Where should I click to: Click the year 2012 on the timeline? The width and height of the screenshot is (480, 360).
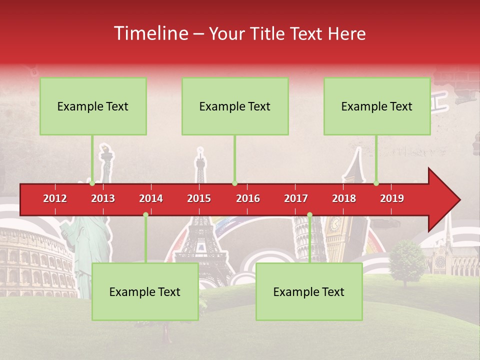(55, 198)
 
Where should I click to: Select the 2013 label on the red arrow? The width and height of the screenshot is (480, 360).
(103, 198)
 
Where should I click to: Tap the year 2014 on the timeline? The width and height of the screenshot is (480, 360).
(151, 198)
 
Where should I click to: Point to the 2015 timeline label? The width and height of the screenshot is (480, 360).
(199, 198)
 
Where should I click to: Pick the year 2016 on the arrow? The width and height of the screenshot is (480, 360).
(248, 198)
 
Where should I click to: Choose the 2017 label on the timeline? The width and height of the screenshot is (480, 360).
(296, 198)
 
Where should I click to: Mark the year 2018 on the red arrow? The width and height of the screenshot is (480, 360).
(344, 198)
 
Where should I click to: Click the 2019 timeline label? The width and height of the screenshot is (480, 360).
(392, 198)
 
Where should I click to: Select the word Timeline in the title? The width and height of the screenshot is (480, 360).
(151, 33)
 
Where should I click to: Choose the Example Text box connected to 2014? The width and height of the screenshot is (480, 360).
(145, 291)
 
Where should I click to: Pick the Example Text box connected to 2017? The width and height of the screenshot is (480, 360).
(309, 291)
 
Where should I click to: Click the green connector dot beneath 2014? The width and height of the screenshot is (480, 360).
(145, 214)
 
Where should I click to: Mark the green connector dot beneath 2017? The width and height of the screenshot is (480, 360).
(309, 214)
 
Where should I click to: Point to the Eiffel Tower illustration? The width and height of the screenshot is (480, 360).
(201, 235)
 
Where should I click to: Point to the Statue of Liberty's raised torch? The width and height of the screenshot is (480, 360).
(105, 152)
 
